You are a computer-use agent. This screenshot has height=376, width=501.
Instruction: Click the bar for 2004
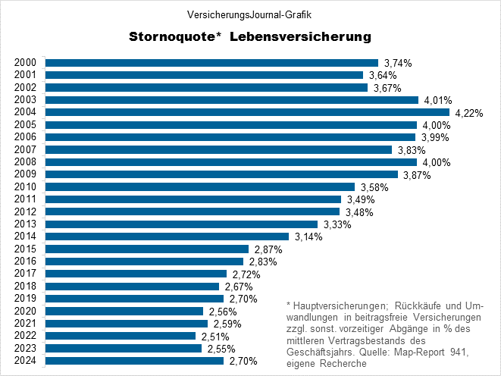(248, 112)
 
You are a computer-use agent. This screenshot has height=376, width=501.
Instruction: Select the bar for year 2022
(121, 336)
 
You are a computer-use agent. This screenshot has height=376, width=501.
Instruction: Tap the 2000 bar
(212, 63)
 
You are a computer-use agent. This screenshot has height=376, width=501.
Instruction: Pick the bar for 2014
(168, 237)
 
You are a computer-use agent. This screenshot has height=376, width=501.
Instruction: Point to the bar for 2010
(200, 186)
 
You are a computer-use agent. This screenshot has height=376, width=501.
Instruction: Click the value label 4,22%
(468, 113)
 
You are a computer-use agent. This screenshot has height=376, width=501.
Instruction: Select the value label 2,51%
(214, 337)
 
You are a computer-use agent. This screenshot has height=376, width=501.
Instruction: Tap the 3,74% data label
(397, 64)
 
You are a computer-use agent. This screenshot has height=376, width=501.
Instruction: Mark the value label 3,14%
(308, 237)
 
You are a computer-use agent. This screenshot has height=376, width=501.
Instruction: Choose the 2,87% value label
(268, 249)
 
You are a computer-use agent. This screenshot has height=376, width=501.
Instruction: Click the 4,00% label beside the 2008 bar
(436, 162)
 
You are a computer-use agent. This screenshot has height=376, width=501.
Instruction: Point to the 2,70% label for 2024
(243, 362)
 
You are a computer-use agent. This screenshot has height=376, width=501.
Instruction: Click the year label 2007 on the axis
(25, 150)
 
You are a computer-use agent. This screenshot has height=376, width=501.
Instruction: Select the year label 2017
(25, 274)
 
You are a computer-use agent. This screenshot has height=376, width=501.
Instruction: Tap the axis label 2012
(25, 211)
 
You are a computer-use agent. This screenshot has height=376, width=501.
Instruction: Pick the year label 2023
(25, 348)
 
